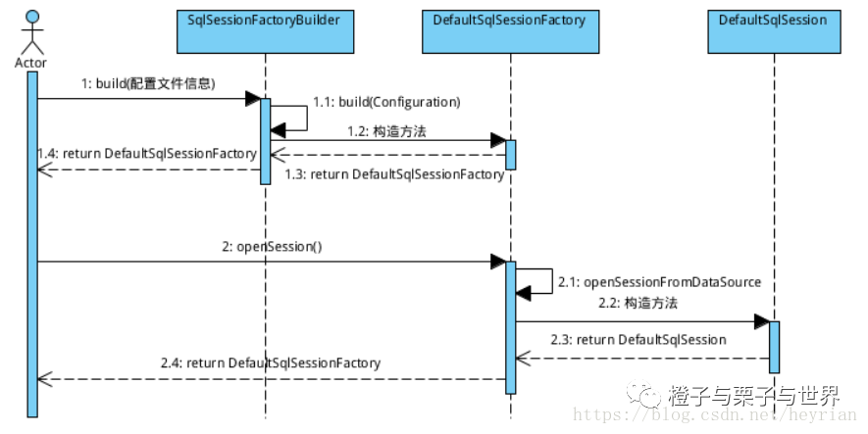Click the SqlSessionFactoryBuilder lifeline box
pyautogui.click(x=265, y=31)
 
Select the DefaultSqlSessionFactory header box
pyautogui.click(x=510, y=31)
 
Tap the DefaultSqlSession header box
pyautogui.click(x=774, y=31)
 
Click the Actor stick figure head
pyautogui.click(x=32, y=17)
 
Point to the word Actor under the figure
pyautogui.click(x=31, y=63)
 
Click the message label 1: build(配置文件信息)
pyautogui.click(x=148, y=83)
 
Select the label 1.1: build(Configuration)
pyautogui.click(x=386, y=102)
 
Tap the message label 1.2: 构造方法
pyautogui.click(x=387, y=131)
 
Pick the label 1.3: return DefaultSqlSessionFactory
pyautogui.click(x=394, y=174)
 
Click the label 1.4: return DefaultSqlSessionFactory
pyautogui.click(x=147, y=153)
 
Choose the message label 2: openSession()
pyautogui.click(x=272, y=247)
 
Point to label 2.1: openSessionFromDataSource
pyautogui.click(x=659, y=282)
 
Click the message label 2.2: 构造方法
pyautogui.click(x=638, y=303)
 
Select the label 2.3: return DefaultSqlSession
pyautogui.click(x=638, y=339)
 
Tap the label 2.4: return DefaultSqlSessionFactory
pyautogui.click(x=271, y=363)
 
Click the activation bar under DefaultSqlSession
pyautogui.click(x=774, y=347)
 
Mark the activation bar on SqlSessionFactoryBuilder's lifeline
pyautogui.click(x=265, y=141)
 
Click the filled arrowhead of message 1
pyautogui.click(x=253, y=99)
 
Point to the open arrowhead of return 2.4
pyautogui.click(x=45, y=379)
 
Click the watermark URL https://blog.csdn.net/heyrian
pyautogui.click(x=715, y=414)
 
